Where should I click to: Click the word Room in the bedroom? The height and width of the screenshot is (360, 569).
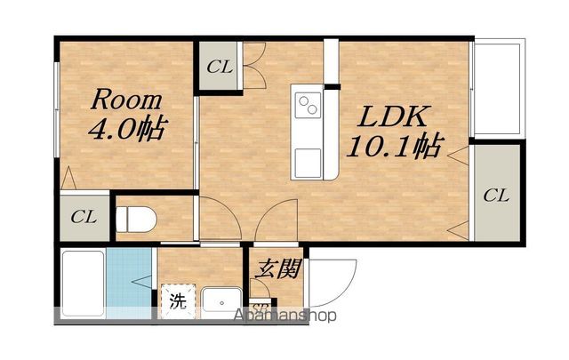pos(124,99)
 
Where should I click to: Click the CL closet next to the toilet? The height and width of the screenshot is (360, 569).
pos(84,216)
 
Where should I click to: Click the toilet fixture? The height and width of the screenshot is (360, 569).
pos(139,216)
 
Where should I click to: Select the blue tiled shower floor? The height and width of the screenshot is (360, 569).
pos(127,280)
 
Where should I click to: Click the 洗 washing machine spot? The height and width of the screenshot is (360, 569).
pos(178,300)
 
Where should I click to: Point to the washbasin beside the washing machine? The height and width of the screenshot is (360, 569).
pos(219,300)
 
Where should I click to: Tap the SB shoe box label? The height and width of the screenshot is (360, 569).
pos(260,308)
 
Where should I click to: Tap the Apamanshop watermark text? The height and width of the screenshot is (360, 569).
pos(284,316)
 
